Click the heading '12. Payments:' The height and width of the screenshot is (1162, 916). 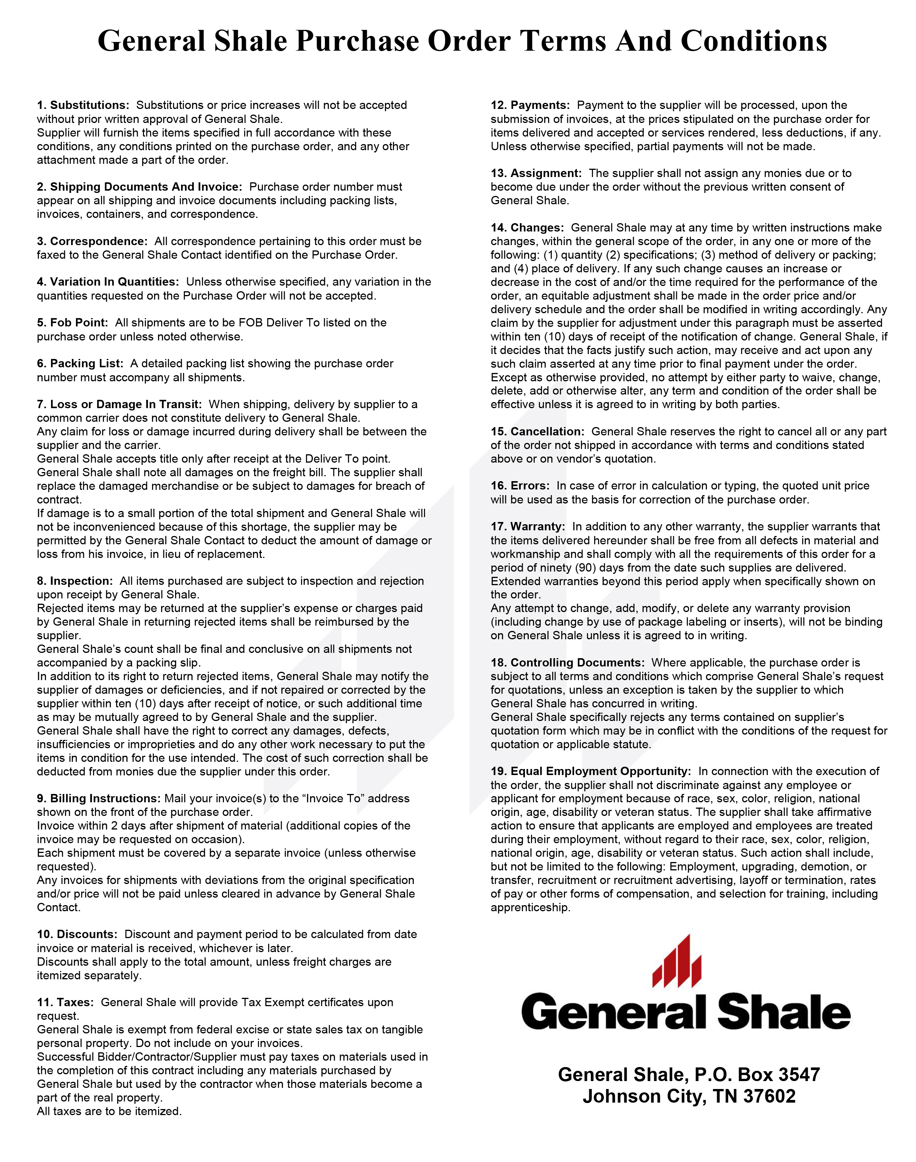pyautogui.click(x=530, y=105)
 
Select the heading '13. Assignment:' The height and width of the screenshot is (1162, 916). pyautogui.click(x=536, y=173)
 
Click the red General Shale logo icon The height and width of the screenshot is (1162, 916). pyautogui.click(x=677, y=963)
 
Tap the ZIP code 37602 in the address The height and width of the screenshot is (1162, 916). pyautogui.click(x=769, y=1096)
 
